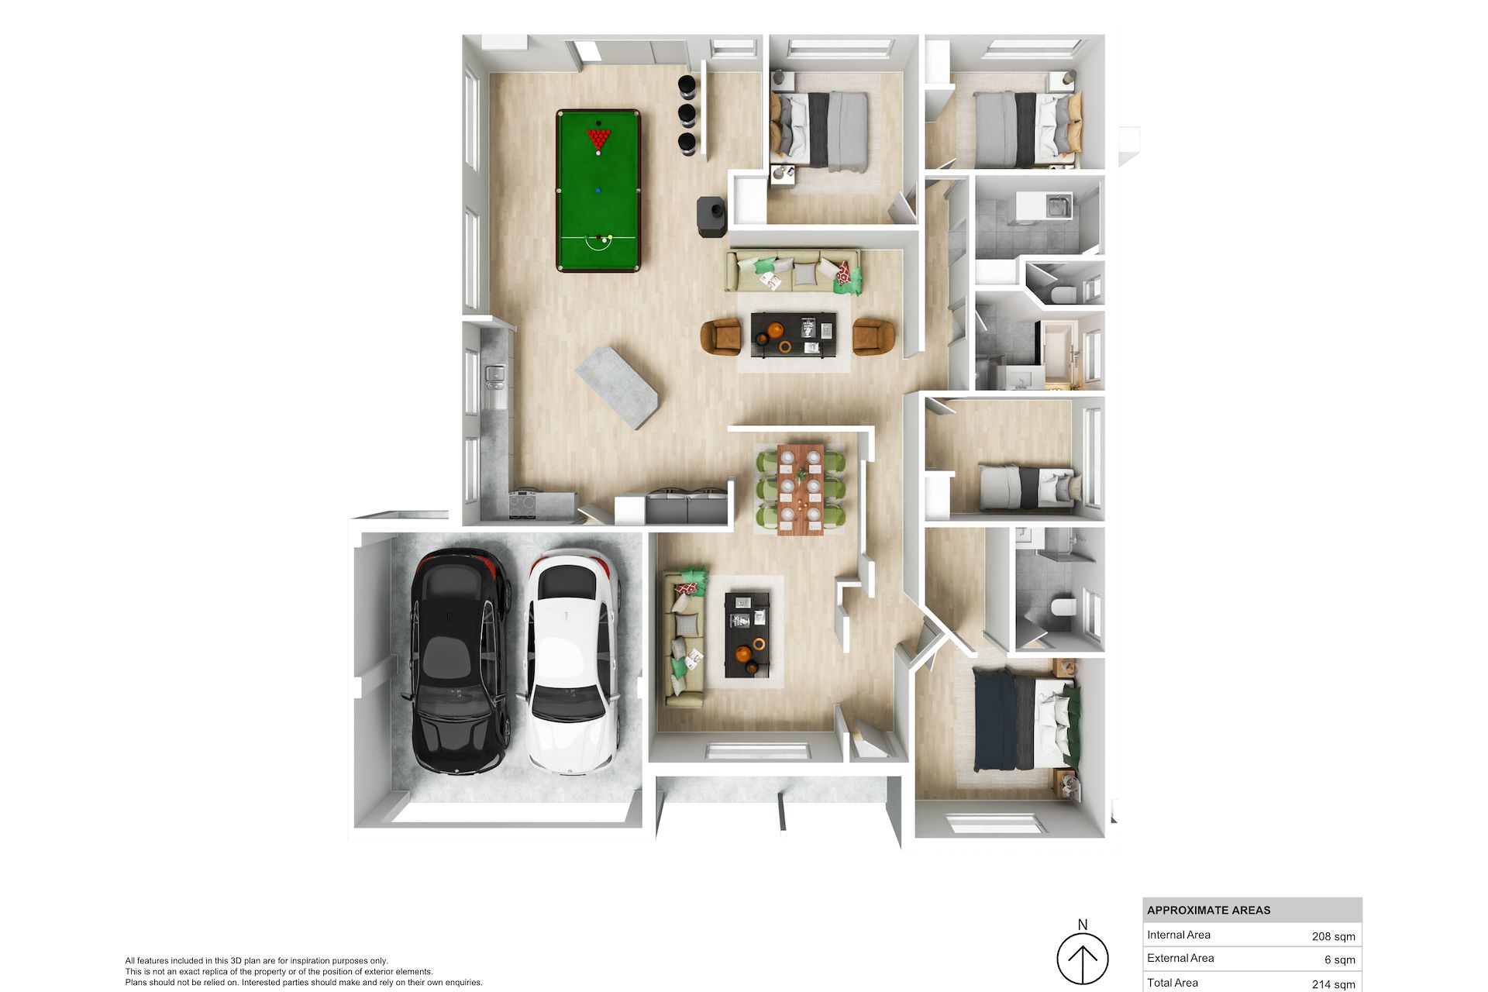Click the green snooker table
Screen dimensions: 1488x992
pos(598,191)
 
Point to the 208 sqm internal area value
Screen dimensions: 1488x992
pos(1333,936)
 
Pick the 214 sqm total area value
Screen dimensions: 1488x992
pos(1333,984)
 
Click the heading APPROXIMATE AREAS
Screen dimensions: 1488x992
pos(1208,911)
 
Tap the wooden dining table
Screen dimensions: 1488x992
pos(801,490)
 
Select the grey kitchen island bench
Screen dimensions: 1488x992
pos(617,387)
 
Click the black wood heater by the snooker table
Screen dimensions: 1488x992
pos(711,216)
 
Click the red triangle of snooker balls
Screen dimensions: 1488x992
pos(598,139)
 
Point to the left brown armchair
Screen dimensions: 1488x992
pos(721,337)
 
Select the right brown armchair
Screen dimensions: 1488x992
pos(873,336)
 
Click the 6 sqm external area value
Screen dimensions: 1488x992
pos(1339,959)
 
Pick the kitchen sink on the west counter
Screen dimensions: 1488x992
pos(494,374)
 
